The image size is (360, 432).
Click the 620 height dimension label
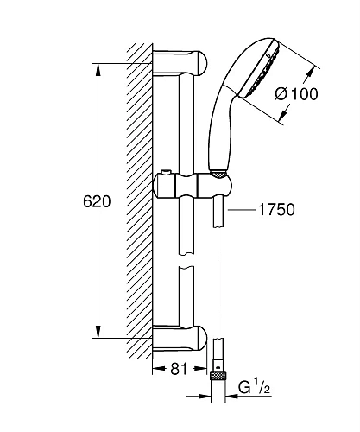(x=97, y=201)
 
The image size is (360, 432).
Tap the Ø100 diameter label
(x=296, y=94)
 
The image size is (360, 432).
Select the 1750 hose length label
(x=276, y=209)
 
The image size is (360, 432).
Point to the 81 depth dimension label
(x=179, y=368)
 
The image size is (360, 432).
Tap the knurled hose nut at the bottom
(x=218, y=376)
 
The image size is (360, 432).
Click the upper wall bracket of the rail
(x=180, y=63)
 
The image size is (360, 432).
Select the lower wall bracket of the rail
(x=180, y=338)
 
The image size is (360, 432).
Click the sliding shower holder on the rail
(x=193, y=186)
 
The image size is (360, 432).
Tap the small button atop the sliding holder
(x=166, y=172)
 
